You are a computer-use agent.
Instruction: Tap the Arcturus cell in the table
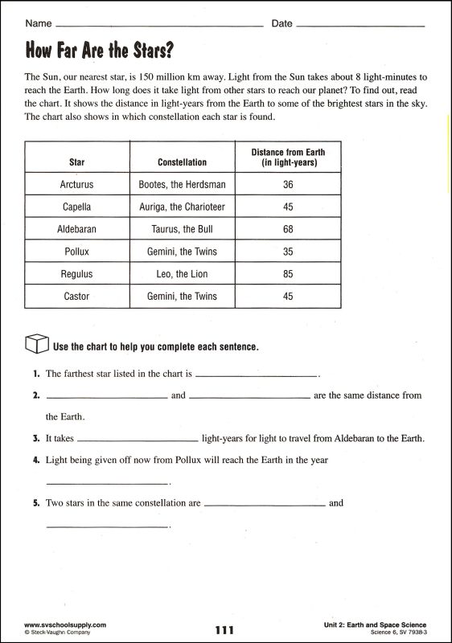pyautogui.click(x=77, y=184)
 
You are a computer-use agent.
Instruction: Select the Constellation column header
pyautogui.click(x=182, y=162)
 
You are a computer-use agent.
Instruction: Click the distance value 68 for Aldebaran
pyautogui.click(x=289, y=229)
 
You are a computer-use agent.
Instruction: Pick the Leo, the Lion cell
pyautogui.click(x=182, y=274)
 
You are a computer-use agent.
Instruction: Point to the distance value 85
pyautogui.click(x=289, y=274)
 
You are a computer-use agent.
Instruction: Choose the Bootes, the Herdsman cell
pyautogui.click(x=182, y=184)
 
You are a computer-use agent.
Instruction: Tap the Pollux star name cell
pyautogui.click(x=77, y=252)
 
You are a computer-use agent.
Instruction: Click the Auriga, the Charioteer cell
pyautogui.click(x=182, y=207)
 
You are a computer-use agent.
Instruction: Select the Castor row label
pyautogui.click(x=77, y=297)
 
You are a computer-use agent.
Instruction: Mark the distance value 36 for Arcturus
pyautogui.click(x=289, y=184)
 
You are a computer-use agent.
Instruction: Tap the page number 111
pyautogui.click(x=225, y=630)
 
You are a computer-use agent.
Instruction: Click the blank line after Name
pyautogui.click(x=159, y=26)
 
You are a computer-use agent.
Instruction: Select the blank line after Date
pyautogui.click(x=360, y=26)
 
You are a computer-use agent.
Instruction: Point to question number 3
pyautogui.click(x=37, y=439)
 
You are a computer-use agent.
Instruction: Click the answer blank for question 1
pyautogui.click(x=257, y=375)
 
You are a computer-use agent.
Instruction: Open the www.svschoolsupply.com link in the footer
pyautogui.click(x=65, y=625)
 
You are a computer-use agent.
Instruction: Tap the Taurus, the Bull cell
pyautogui.click(x=182, y=229)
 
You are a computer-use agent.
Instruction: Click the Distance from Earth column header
pyautogui.click(x=289, y=157)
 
